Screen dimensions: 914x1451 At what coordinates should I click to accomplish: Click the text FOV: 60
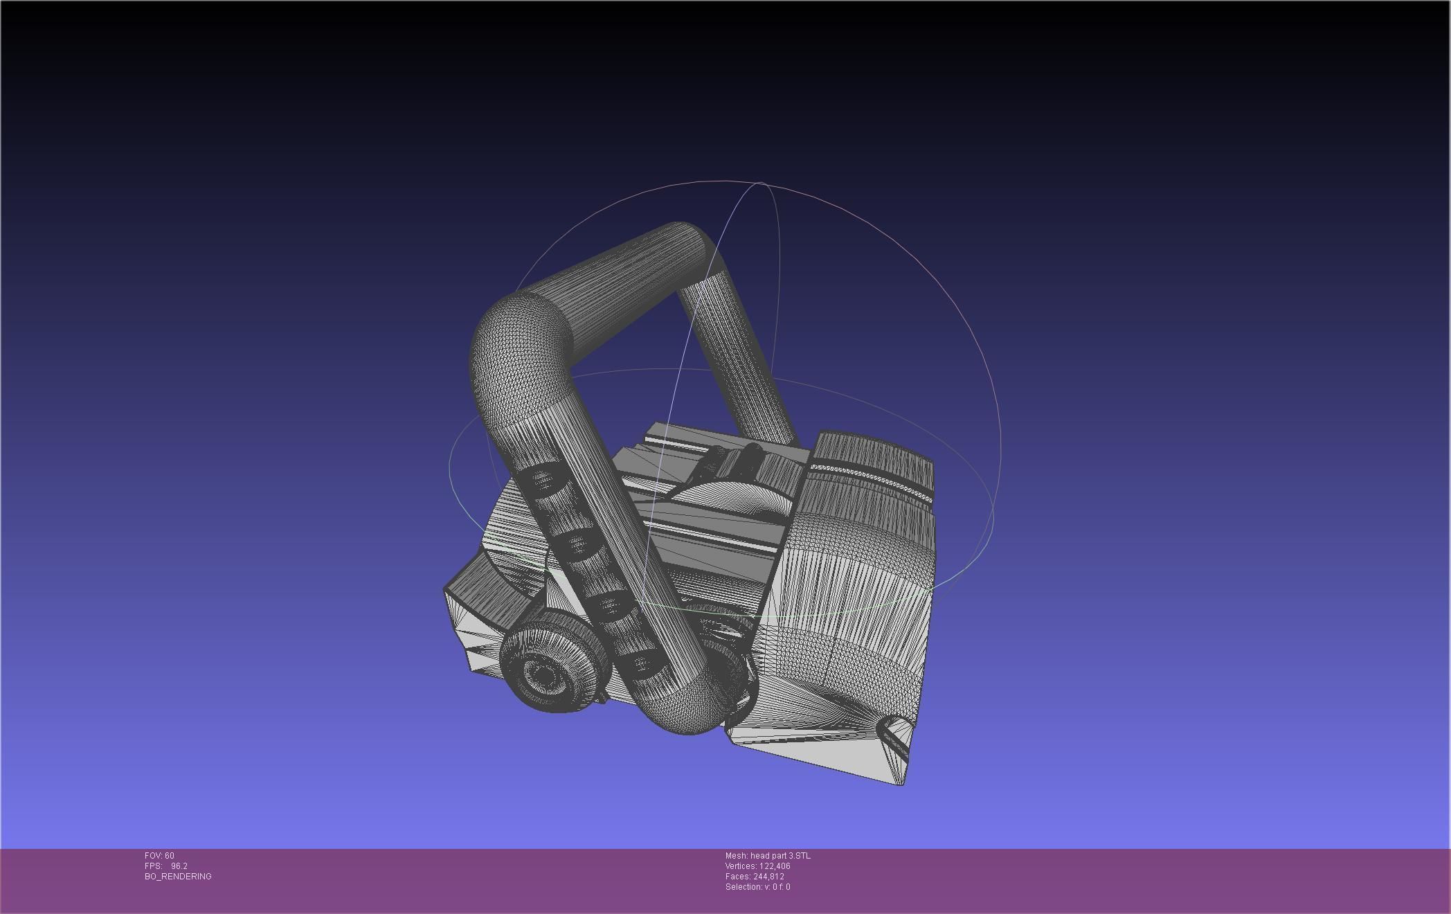tap(159, 856)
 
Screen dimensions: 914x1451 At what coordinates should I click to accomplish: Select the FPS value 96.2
tap(179, 866)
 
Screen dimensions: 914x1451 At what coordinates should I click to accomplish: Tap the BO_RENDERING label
tap(178, 877)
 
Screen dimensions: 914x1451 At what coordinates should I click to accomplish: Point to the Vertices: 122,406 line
tap(757, 866)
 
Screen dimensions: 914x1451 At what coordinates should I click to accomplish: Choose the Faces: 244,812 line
tap(755, 877)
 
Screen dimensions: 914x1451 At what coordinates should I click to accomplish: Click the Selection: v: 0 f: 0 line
tap(757, 887)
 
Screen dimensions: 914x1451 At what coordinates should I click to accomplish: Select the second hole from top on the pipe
tap(576, 546)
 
